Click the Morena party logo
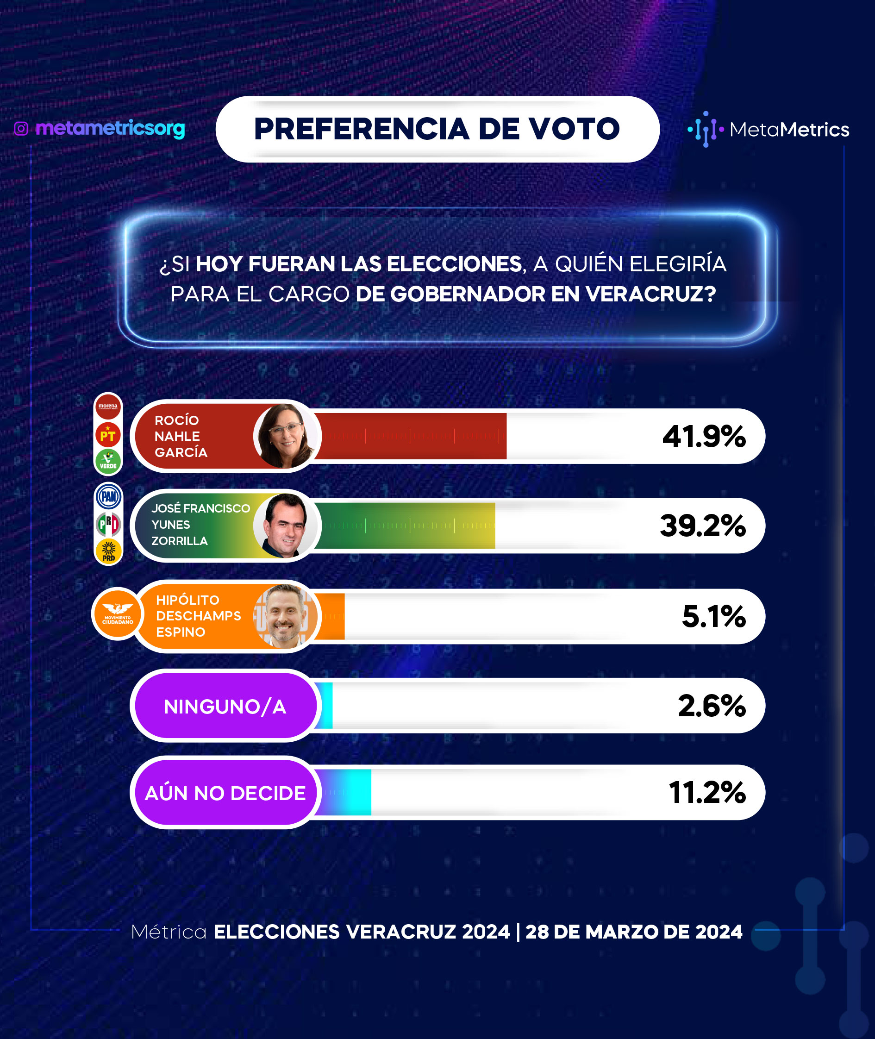pos(108,407)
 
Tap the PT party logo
pos(108,435)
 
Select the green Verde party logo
pos(108,461)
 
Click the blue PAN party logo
pos(109,496)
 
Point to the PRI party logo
pos(109,524)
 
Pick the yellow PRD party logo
pos(109,551)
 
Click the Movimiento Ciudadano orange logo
pos(118,614)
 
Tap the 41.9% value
pos(704,437)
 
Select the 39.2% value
pos(702,526)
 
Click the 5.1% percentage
pos(714,616)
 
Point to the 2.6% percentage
pos(712,706)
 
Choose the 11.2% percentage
pos(707,792)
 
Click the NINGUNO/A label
pos(225,707)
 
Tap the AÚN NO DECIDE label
pos(225,793)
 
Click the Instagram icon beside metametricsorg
pos(21,129)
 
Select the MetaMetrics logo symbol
pos(706,130)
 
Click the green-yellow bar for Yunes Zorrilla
pos(404,526)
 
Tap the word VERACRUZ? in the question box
pos(651,294)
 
